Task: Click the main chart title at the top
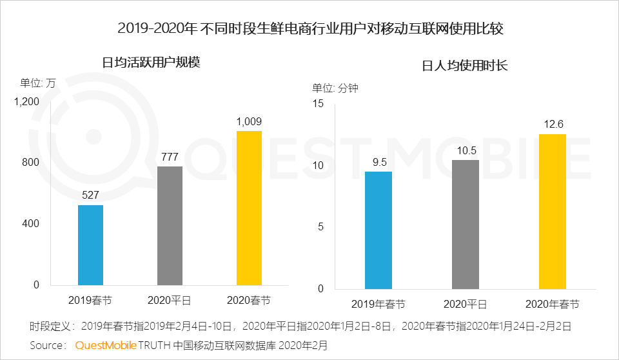[309, 28]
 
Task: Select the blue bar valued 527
[90, 245]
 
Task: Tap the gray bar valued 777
[170, 226]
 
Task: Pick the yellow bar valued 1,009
[249, 208]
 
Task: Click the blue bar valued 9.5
[378, 230]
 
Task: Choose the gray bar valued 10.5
[465, 224]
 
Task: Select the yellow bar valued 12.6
[552, 211]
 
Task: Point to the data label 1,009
[249, 121]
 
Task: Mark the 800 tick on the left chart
[31, 163]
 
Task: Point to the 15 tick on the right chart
[317, 104]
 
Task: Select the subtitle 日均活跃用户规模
[152, 63]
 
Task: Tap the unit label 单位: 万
[38, 83]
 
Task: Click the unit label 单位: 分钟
[335, 88]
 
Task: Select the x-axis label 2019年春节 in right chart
[378, 304]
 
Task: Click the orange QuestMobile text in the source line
[106, 345]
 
